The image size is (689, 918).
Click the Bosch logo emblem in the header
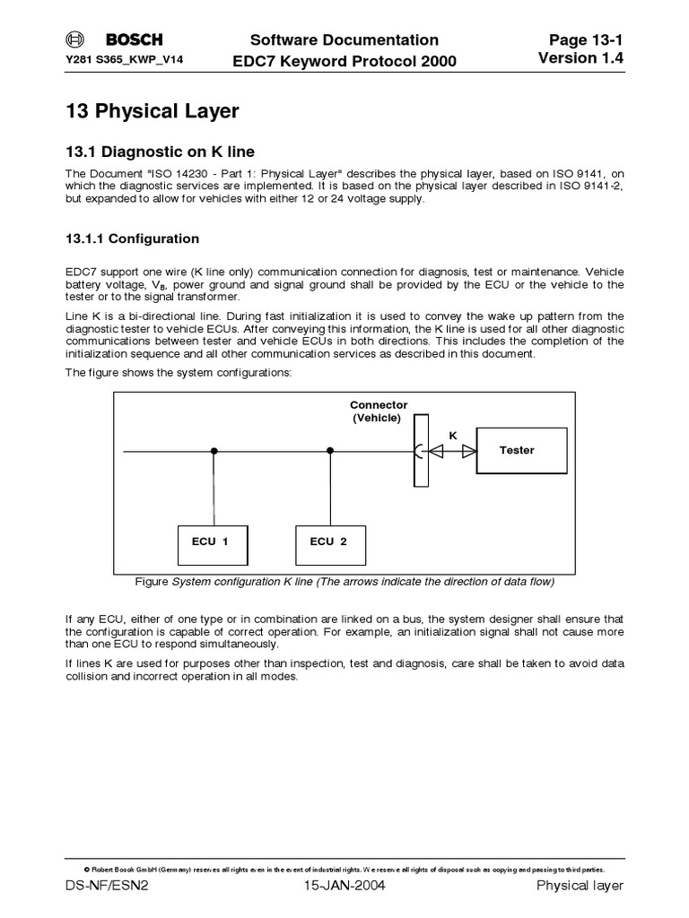(x=74, y=39)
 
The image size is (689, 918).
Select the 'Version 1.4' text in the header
(x=580, y=58)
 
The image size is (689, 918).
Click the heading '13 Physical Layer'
(x=153, y=111)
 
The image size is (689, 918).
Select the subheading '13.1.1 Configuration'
(x=133, y=239)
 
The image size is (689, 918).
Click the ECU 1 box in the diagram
(x=214, y=541)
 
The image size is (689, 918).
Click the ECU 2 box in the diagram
(x=331, y=541)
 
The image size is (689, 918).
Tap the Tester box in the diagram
(x=521, y=450)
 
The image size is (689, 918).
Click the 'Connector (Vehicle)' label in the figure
(x=378, y=411)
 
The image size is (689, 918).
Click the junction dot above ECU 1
(x=214, y=450)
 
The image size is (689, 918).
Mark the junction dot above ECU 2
(x=331, y=450)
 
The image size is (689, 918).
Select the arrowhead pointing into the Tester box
(x=467, y=450)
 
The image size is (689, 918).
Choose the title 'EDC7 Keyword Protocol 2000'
(x=344, y=61)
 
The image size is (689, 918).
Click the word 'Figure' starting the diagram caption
(x=152, y=582)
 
